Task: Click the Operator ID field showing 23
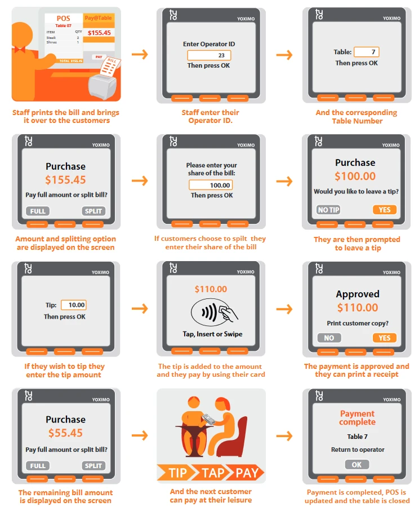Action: [209, 55]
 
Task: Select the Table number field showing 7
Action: [367, 52]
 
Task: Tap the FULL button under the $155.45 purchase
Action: [38, 211]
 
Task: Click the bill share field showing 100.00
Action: [211, 185]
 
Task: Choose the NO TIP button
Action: [328, 210]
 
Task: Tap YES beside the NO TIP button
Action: [385, 210]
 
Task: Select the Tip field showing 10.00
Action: [74, 305]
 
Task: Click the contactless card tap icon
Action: [215, 312]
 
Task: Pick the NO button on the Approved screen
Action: [329, 338]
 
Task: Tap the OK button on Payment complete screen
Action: [356, 465]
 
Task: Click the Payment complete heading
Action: [357, 418]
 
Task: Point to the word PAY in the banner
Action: [247, 473]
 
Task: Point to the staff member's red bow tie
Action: [20, 50]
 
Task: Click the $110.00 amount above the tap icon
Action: [211, 289]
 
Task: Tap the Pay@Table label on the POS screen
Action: [98, 18]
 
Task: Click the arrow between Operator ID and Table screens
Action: [284, 55]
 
